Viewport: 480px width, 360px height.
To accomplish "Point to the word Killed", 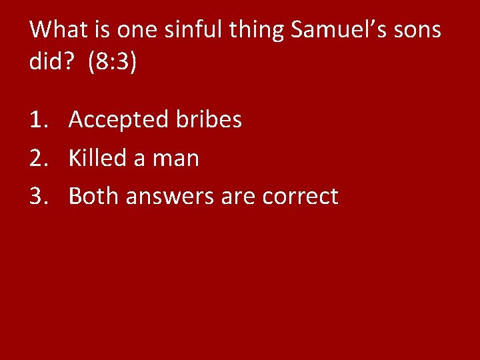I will (97, 158).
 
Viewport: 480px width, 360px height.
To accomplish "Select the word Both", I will (93, 196).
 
